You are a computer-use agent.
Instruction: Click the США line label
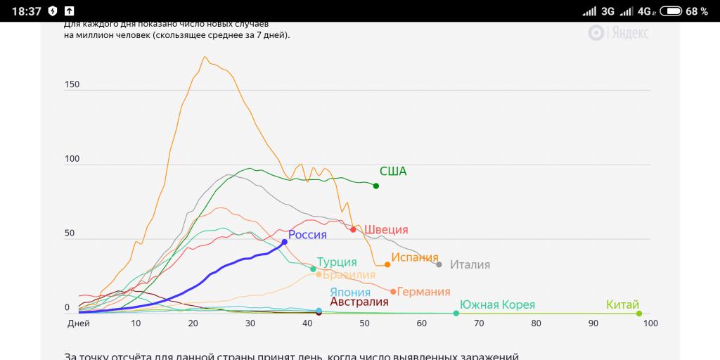[x=393, y=171]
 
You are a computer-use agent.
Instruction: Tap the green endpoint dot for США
[x=376, y=186]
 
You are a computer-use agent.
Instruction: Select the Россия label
[x=307, y=235]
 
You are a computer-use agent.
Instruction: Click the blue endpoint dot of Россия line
[x=285, y=242]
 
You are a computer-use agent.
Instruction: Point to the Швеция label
[x=386, y=230]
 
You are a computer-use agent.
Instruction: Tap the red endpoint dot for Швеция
[x=353, y=229]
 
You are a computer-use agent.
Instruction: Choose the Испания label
[x=415, y=257]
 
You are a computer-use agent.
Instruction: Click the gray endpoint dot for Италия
[x=439, y=264]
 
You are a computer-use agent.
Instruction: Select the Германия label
[x=423, y=292]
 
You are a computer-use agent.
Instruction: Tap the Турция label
[x=337, y=262]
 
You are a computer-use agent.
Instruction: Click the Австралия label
[x=359, y=302]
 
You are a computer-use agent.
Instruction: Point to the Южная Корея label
[x=497, y=305]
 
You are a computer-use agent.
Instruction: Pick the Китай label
[x=623, y=305]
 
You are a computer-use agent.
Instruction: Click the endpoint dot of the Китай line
[x=639, y=314]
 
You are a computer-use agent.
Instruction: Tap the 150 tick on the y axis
[x=72, y=84]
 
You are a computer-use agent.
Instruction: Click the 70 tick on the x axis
[x=479, y=323]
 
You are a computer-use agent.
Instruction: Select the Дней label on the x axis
[x=78, y=323]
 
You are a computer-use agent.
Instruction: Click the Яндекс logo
[x=619, y=32]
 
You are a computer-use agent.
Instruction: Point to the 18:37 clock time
[x=27, y=11]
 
